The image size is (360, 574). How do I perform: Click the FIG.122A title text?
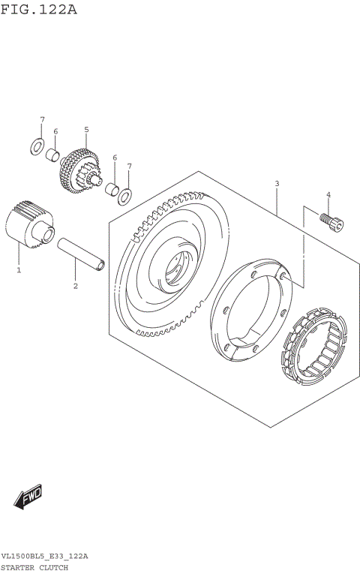coord(39,10)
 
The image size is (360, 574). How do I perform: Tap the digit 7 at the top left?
coord(42,120)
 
